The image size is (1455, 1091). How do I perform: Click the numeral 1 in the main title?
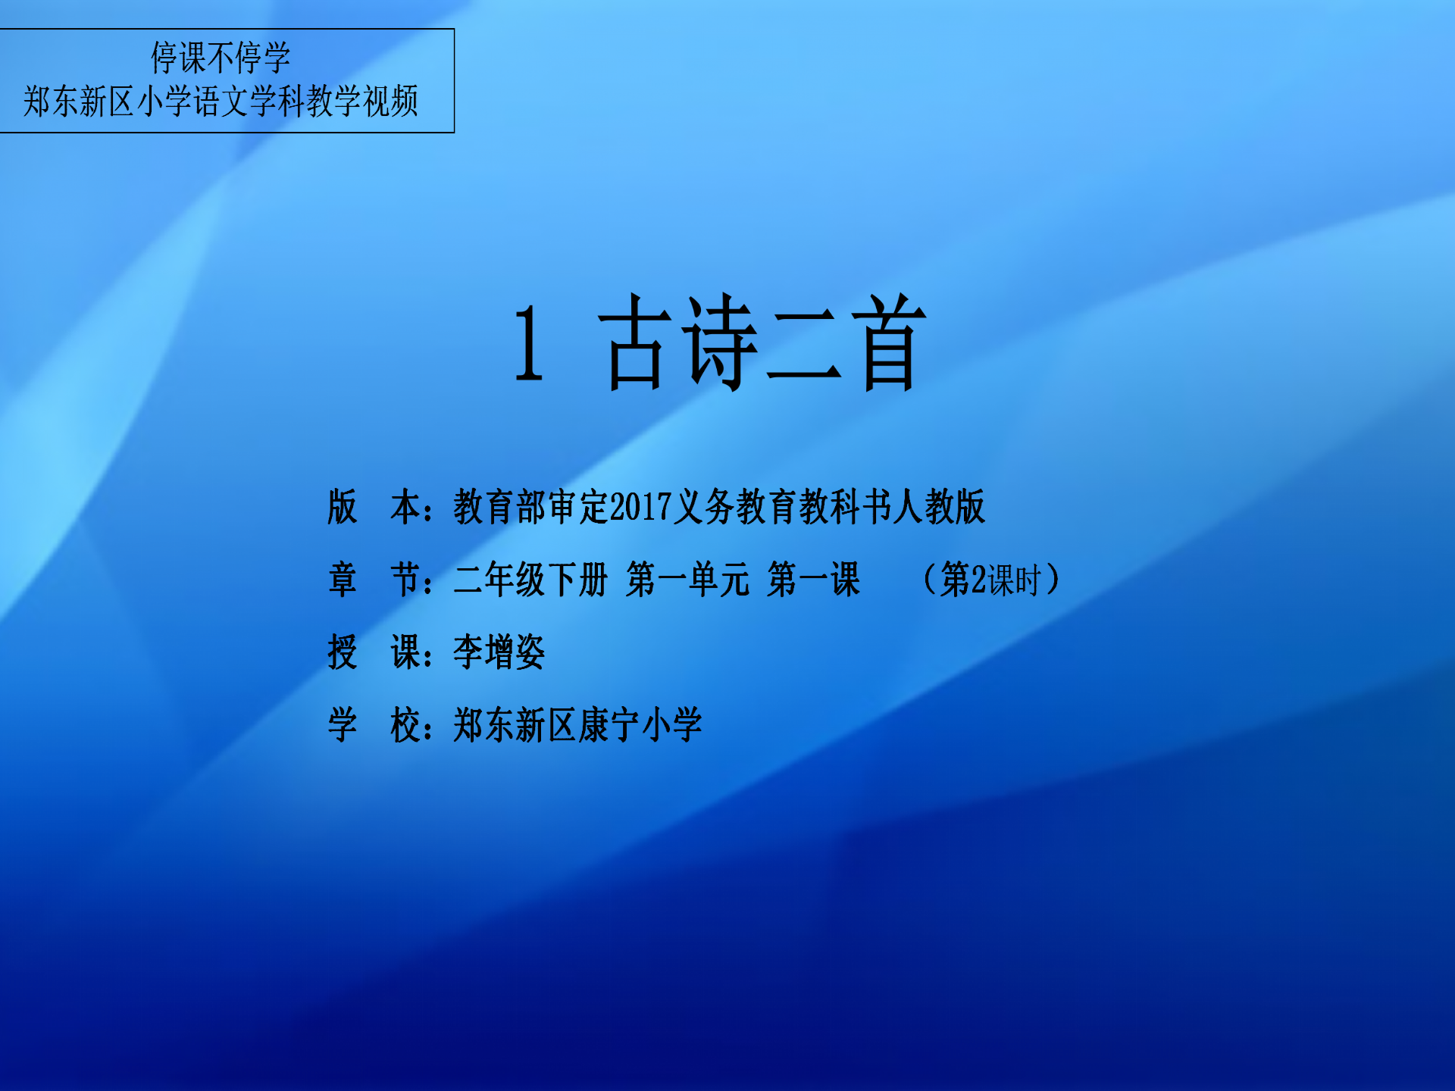tap(529, 343)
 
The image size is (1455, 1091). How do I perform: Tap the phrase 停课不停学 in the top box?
tap(221, 58)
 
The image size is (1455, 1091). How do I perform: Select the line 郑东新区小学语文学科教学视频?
tap(221, 101)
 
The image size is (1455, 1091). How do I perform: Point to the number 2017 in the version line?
tap(640, 507)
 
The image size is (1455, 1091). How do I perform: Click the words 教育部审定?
tap(530, 507)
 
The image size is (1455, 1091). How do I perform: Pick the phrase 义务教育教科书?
tap(781, 507)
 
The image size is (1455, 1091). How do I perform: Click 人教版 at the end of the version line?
tap(938, 507)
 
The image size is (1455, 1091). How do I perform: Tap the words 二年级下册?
tap(530, 580)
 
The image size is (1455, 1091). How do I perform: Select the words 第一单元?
tap(687, 580)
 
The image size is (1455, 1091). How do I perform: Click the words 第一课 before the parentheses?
tap(813, 580)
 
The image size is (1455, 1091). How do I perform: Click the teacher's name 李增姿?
tap(499, 652)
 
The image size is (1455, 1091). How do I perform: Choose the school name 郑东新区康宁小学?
tap(577, 725)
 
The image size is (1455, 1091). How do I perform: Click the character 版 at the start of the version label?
tap(343, 507)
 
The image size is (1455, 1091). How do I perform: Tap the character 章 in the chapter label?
tap(343, 580)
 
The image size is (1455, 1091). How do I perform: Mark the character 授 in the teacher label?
tap(343, 652)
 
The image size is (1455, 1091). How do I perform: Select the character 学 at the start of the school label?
tap(343, 725)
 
